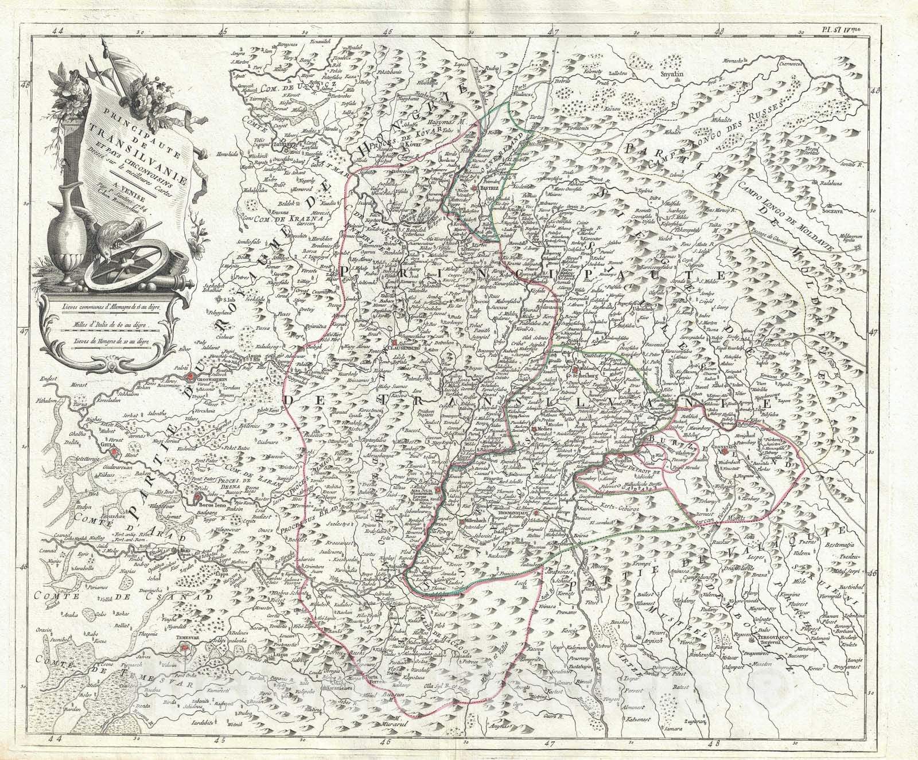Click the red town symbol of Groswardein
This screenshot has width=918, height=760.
coord(190,377)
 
